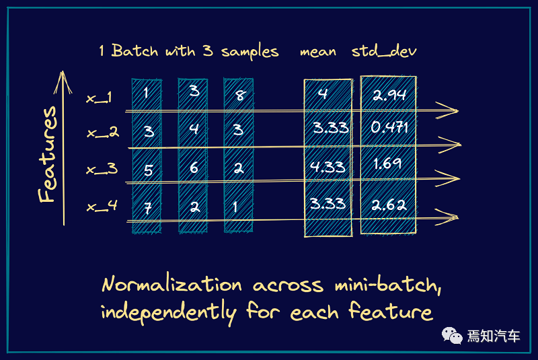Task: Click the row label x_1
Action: (100, 98)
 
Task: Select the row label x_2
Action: (103, 133)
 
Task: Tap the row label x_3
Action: (102, 168)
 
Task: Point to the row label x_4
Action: (102, 206)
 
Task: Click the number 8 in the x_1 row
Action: (239, 96)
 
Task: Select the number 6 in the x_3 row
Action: (194, 168)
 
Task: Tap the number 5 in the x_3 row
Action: (148, 170)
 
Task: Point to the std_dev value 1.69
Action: (387, 163)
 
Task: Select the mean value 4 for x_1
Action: (323, 94)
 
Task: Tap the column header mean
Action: (318, 52)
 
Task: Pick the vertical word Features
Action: (48, 155)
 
